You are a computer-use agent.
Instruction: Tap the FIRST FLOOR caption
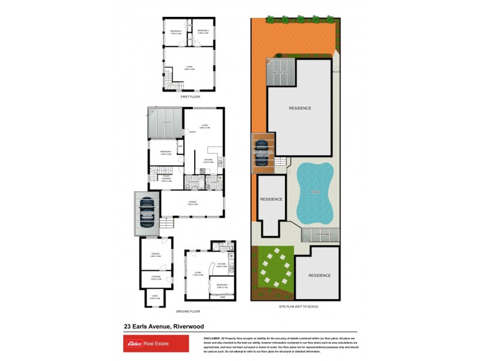point(189,96)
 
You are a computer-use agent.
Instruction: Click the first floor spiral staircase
point(171,85)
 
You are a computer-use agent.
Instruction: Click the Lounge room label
point(193,203)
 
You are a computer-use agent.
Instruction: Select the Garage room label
point(156,255)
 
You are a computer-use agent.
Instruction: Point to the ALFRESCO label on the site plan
point(281,72)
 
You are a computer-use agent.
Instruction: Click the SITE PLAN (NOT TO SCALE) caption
point(299,306)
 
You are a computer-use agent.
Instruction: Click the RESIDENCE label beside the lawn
point(319,275)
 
